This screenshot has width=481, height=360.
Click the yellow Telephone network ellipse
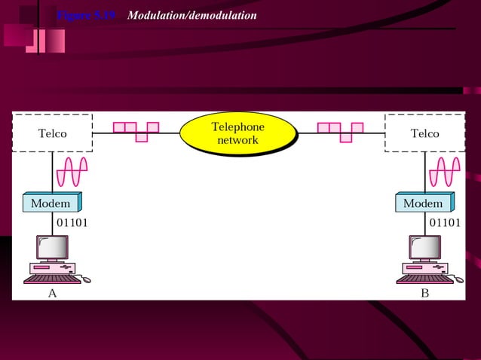(237, 133)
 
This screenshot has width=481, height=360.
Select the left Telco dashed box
(53, 133)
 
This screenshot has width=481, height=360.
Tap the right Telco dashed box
(424, 133)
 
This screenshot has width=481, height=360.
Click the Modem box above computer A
(51, 203)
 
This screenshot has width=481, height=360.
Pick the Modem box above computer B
(424, 203)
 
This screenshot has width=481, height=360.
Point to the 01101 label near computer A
(72, 222)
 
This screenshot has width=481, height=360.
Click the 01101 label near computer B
(445, 222)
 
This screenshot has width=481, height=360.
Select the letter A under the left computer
(52, 294)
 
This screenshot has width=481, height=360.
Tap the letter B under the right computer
(424, 294)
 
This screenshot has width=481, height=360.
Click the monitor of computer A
(52, 248)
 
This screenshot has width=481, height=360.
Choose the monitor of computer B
(424, 248)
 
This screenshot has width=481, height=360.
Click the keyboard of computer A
(51, 279)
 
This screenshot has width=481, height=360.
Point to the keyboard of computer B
(424, 279)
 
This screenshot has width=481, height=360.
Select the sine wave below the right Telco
(445, 172)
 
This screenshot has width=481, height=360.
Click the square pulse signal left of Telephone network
(136, 131)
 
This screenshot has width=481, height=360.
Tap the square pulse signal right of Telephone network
(341, 131)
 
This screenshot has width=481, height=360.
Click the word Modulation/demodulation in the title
(192, 16)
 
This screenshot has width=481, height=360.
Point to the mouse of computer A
(87, 279)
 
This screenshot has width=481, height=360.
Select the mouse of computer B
(459, 279)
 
